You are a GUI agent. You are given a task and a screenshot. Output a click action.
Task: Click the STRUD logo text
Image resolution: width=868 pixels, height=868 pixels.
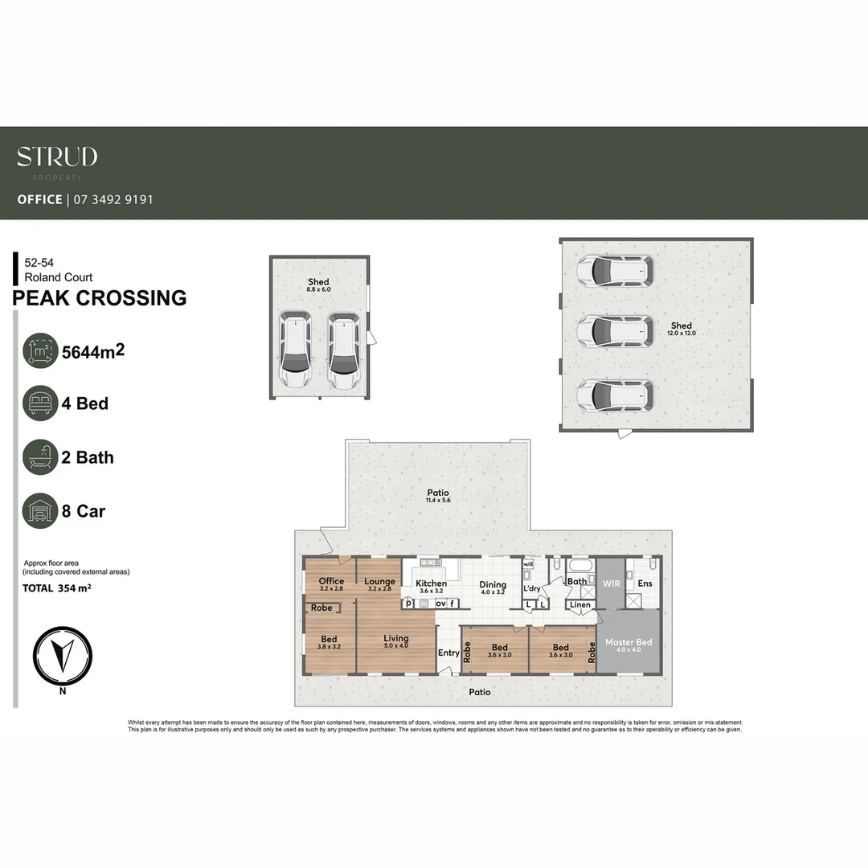pos(57,157)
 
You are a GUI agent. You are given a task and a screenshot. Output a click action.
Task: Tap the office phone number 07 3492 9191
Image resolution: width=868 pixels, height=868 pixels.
pos(113,199)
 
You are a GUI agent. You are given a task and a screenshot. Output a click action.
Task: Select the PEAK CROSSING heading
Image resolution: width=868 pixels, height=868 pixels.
pos(100,298)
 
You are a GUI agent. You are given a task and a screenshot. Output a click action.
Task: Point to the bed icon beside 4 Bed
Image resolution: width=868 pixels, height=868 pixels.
pos(40,403)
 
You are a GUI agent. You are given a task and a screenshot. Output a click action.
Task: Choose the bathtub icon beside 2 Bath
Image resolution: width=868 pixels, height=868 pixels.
pos(40,457)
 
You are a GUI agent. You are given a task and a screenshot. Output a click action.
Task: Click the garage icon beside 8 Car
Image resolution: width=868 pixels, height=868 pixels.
pos(40,511)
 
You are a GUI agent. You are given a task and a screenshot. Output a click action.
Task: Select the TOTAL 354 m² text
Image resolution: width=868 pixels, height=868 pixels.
pos(56,588)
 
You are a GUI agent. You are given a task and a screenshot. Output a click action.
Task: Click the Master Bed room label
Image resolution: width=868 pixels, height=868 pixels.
pos(628,643)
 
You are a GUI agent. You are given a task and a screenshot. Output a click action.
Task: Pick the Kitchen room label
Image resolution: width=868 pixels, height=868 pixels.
pos(431,583)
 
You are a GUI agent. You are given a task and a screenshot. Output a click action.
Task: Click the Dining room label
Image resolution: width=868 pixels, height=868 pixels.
pos(493,585)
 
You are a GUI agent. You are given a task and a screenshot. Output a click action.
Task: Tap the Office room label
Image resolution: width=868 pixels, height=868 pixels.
pos(331,581)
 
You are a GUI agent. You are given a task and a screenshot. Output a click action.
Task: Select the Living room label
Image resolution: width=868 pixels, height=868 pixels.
pos(395,639)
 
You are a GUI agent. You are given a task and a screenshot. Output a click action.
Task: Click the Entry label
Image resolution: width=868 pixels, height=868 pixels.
pos(448,653)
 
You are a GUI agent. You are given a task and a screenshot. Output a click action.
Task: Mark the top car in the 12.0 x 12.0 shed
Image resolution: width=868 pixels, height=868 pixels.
pos(615,272)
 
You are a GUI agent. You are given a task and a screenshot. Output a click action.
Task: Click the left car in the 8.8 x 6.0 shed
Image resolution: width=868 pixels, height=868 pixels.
pos(296,352)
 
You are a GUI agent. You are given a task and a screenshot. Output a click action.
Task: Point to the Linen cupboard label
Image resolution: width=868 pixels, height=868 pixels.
pos(579,605)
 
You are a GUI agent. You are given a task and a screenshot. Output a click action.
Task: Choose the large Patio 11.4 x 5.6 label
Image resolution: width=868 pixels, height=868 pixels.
pos(438,493)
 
